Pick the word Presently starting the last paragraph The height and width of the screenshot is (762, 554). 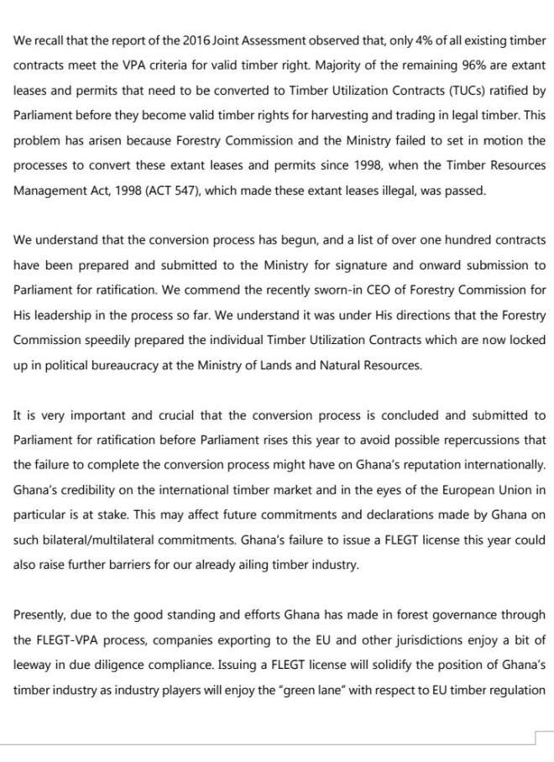point(40,614)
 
